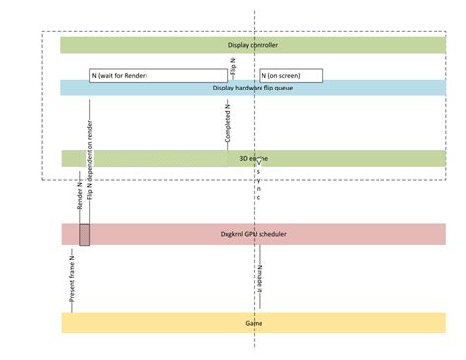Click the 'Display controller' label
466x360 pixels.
click(x=253, y=45)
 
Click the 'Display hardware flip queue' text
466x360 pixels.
click(x=253, y=88)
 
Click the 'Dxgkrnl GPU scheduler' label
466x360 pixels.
click(x=253, y=234)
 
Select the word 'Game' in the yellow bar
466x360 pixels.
click(x=253, y=323)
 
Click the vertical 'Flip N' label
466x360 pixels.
click(x=232, y=68)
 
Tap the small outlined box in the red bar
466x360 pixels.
click(x=85, y=234)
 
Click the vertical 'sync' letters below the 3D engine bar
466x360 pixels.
click(x=259, y=183)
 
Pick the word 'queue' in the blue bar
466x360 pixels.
click(x=284, y=88)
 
